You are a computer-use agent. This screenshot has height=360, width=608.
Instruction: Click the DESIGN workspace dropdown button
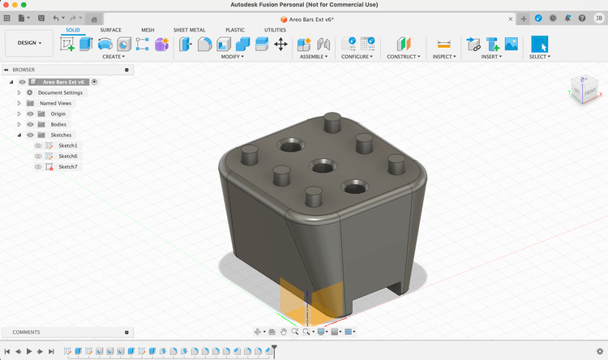tap(29, 43)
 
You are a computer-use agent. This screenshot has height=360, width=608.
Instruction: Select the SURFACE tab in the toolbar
tap(111, 30)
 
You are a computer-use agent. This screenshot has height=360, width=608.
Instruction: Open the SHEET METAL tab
tap(189, 30)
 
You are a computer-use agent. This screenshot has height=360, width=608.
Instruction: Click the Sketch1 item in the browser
tap(68, 145)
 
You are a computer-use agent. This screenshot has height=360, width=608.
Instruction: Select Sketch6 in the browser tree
tap(68, 156)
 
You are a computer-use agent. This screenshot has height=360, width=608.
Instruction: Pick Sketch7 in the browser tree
tap(68, 166)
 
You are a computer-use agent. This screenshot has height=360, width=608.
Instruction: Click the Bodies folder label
tap(58, 124)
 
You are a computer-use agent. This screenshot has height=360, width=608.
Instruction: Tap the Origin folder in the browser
tap(58, 114)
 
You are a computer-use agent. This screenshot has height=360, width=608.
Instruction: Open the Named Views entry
tap(55, 103)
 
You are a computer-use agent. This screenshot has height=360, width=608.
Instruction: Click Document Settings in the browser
tap(60, 92)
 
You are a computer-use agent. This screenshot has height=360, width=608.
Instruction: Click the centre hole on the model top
tap(323, 166)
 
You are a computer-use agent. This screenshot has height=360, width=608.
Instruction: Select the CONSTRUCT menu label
tap(403, 57)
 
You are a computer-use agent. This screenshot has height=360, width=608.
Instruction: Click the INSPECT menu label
tap(443, 57)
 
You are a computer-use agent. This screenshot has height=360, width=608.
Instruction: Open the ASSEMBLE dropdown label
tap(313, 57)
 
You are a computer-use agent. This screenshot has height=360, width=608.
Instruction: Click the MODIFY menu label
tap(233, 57)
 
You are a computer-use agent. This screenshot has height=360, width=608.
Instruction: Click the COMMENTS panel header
tap(26, 332)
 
